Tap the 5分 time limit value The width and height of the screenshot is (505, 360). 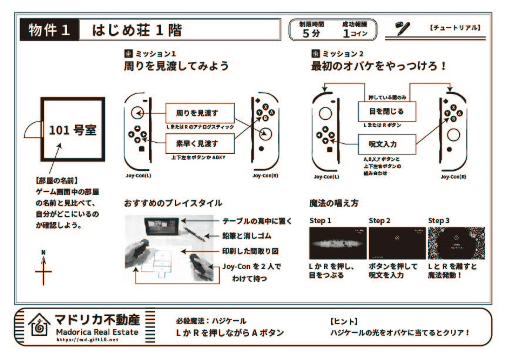click(x=311, y=33)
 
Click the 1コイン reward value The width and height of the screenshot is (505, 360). click(x=354, y=33)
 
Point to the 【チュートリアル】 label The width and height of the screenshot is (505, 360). click(x=455, y=28)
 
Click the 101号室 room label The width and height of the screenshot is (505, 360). click(x=72, y=130)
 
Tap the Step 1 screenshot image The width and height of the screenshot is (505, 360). click(x=337, y=243)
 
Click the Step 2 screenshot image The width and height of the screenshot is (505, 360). click(x=396, y=243)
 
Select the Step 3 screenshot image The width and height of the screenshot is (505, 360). click(x=456, y=243)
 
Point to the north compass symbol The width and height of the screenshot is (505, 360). click(x=43, y=269)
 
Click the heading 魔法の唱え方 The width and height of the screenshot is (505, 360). click(x=334, y=203)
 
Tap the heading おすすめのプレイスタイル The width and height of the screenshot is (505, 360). click(x=173, y=203)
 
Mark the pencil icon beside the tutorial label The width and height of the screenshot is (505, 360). click(x=403, y=28)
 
